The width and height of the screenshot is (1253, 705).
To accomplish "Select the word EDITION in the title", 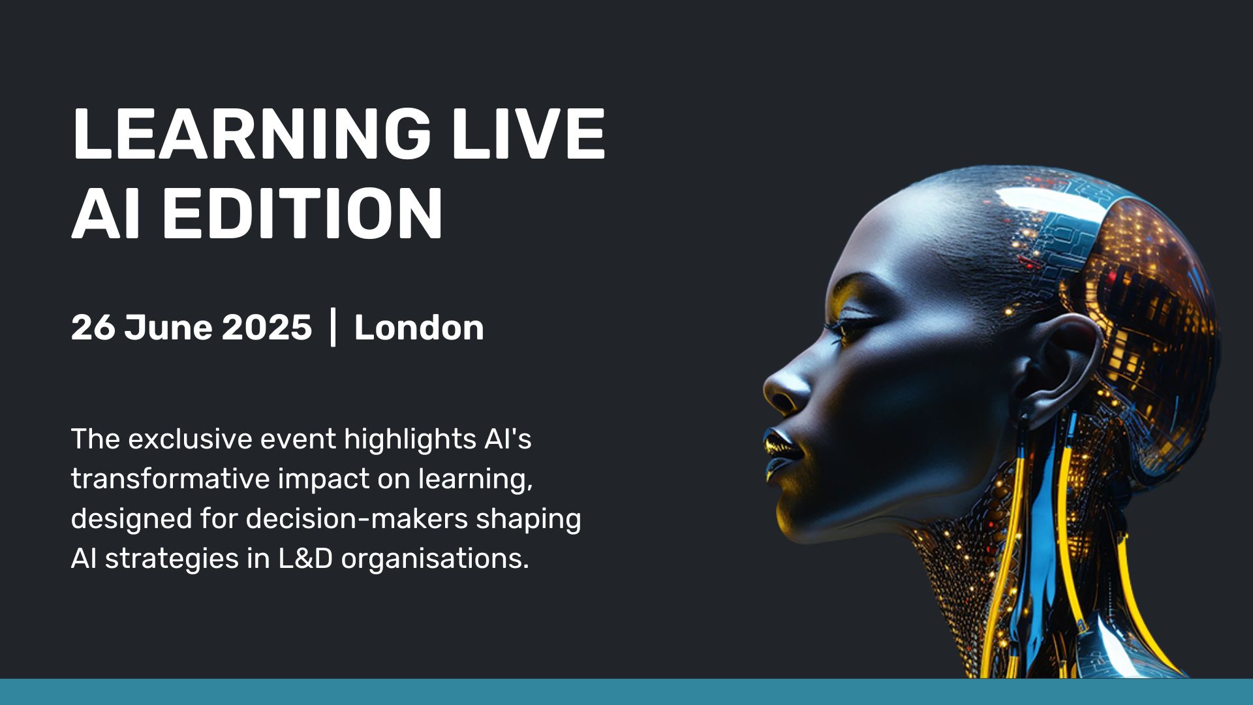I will (x=302, y=214).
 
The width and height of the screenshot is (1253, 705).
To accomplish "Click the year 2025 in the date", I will (x=266, y=327).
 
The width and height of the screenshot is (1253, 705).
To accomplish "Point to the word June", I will (x=168, y=327).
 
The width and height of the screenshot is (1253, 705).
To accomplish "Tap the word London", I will (x=418, y=327).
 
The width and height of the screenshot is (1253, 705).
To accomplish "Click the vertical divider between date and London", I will (x=333, y=328).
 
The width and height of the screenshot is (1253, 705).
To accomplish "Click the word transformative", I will (x=170, y=478).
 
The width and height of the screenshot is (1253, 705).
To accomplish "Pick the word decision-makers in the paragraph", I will (x=357, y=519).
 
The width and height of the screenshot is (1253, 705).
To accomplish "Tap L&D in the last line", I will (x=305, y=559).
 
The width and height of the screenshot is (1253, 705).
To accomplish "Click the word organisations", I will (x=435, y=559).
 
